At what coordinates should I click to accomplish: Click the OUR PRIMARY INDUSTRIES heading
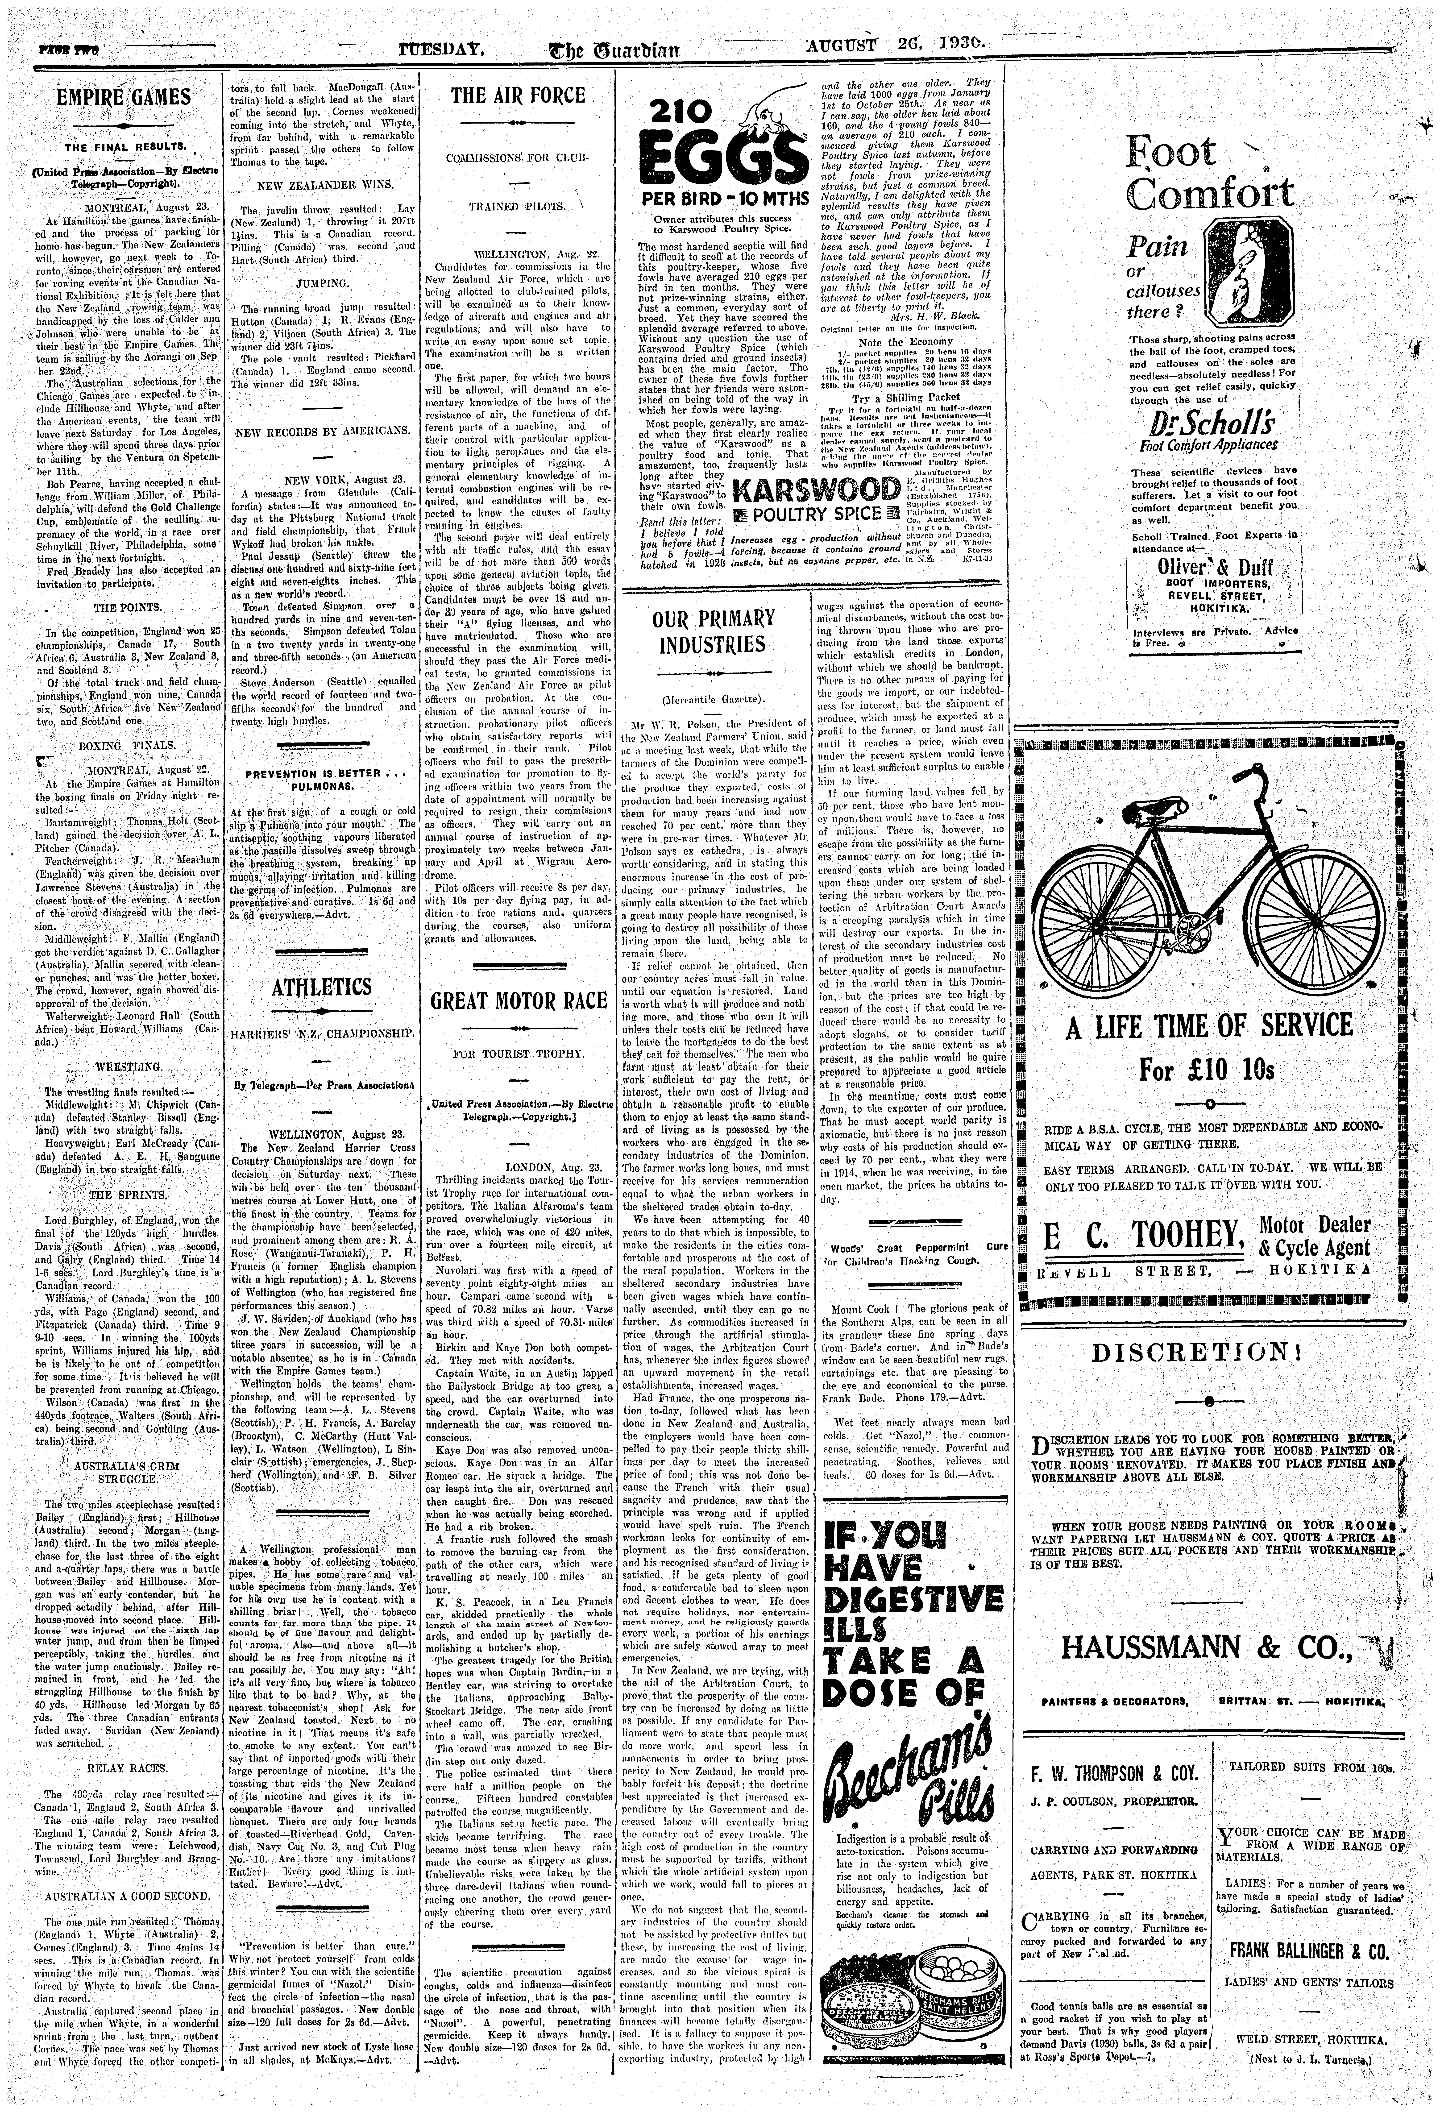pos(713,632)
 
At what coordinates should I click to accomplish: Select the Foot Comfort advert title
pos(1208,173)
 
